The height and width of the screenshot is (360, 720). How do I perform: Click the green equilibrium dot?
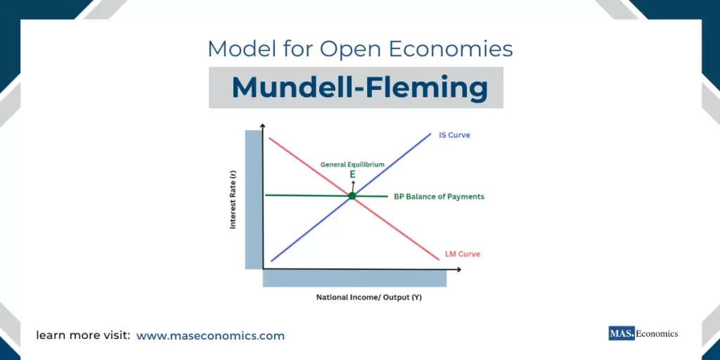coord(352,195)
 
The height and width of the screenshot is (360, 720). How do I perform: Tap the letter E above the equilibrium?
coord(352,173)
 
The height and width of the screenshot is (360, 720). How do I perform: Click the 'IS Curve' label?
coord(454,134)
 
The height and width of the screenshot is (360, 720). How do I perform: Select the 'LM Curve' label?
coord(463,254)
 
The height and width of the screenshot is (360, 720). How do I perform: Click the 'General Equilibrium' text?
coord(352,164)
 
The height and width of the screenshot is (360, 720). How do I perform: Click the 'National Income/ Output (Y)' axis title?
coord(369,297)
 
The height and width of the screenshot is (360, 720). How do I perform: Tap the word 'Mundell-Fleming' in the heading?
coord(359,88)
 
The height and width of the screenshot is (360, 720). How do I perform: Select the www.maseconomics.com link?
coord(210,335)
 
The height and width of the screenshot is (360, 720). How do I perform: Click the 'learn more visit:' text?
coord(83,335)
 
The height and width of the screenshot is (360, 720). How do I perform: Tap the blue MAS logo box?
coord(621,333)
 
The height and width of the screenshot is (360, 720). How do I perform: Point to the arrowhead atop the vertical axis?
coord(262,127)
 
